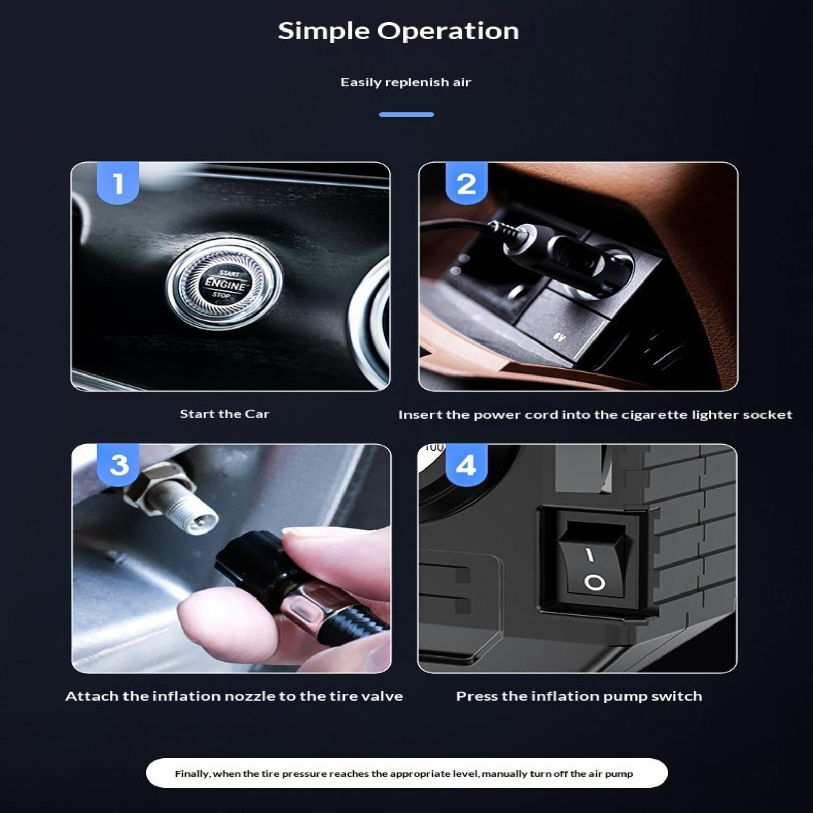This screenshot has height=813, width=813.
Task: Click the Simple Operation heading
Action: coord(398,32)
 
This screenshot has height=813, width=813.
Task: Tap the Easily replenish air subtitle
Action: coord(406,82)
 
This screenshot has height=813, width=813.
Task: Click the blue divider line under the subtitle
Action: coord(407,115)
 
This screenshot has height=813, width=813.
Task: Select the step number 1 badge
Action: coord(118,183)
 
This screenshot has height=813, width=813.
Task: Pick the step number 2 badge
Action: coord(466,183)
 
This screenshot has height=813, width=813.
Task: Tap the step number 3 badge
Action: coord(118,464)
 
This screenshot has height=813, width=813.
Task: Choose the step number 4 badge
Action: coord(466,464)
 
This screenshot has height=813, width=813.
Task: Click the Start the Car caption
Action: coord(225,414)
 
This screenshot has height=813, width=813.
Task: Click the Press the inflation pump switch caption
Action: coord(579,696)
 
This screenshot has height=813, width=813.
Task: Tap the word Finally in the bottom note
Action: coord(192,774)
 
